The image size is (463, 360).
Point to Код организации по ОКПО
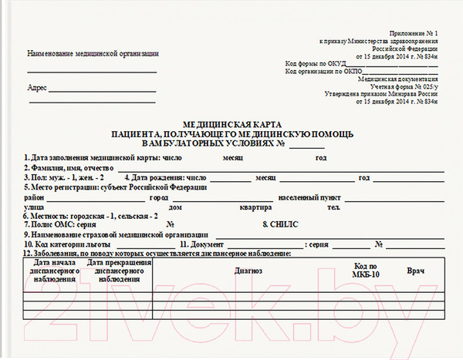pyautogui.click(x=322, y=72)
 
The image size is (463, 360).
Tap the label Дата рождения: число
pyautogui.click(x=164, y=177)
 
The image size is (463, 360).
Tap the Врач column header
pyautogui.click(x=416, y=271)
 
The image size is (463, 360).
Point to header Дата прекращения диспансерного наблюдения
pyautogui.click(x=118, y=272)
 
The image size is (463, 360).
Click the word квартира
pyautogui.click(x=255, y=207)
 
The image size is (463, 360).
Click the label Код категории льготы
pyautogui.click(x=69, y=244)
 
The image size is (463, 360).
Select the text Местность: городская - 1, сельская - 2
pyautogui.click(x=91, y=216)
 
